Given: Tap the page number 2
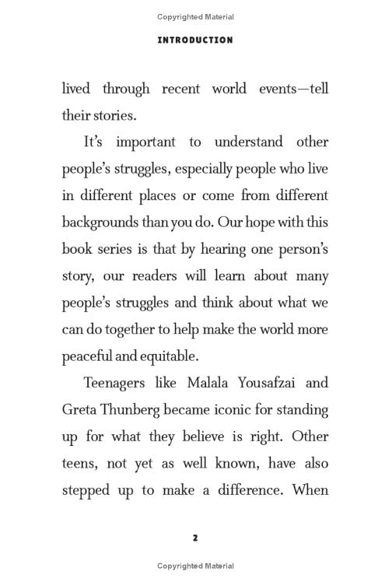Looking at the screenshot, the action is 195,537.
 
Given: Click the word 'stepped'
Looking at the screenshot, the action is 86,470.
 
